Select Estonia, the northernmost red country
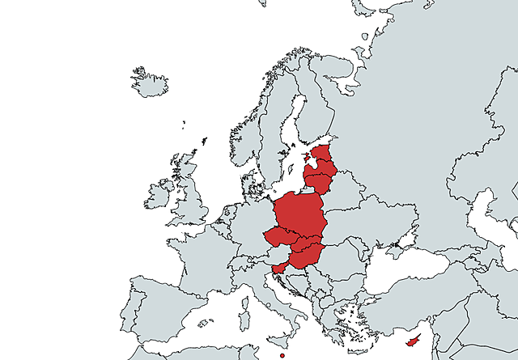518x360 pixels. pyautogui.click(x=323, y=155)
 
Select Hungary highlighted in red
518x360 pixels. pyautogui.click(x=304, y=257)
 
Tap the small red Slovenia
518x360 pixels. pyautogui.click(x=278, y=268)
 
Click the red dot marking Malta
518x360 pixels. pyautogui.click(x=282, y=355)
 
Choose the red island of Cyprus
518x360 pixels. pyautogui.click(x=414, y=341)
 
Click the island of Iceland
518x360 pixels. pyautogui.click(x=149, y=83)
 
